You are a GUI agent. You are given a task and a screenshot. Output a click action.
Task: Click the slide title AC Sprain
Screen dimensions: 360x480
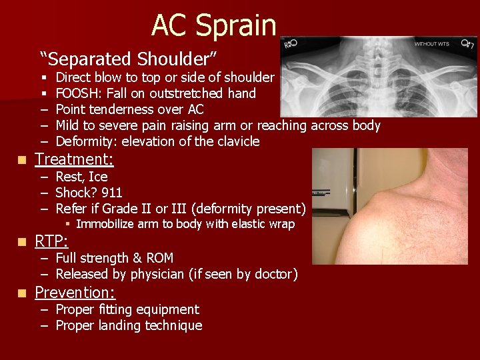(213, 25)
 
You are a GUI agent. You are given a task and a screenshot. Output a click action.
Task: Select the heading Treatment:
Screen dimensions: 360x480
(74, 159)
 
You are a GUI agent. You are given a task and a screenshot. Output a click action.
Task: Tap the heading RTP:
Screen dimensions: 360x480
(51, 241)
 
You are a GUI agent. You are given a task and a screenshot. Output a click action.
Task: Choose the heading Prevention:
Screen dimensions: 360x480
(75, 293)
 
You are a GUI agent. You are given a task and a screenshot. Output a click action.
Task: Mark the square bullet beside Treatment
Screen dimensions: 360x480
(23, 160)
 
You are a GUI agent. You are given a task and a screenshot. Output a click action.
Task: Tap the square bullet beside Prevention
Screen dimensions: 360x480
(23, 293)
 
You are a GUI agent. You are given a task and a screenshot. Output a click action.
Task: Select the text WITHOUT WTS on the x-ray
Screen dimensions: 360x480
(432, 45)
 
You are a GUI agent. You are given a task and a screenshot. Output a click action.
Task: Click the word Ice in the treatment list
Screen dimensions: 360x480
(97, 177)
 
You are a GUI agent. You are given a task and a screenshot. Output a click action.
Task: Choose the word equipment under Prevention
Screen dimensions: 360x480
(167, 309)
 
